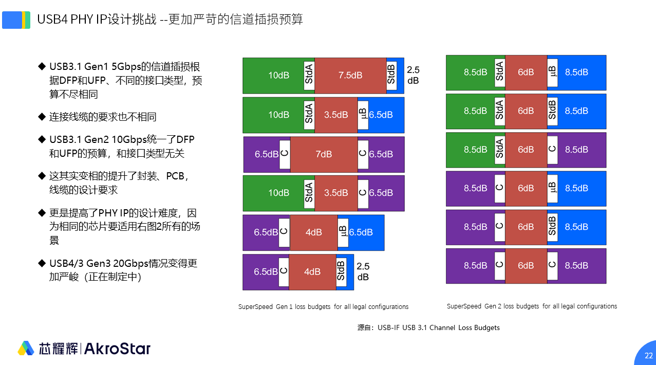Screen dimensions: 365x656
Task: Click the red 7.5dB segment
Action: coord(350,75)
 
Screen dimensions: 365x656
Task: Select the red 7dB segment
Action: coord(324,154)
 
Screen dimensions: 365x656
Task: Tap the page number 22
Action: coord(649,356)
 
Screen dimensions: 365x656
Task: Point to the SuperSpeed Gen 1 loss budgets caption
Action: coord(323,307)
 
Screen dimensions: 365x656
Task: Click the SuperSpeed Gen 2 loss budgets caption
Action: coord(532,306)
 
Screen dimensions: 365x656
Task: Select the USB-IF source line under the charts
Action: coord(428,327)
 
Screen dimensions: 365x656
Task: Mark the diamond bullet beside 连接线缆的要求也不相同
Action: coord(42,117)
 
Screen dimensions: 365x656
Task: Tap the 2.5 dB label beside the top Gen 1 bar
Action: coord(413,75)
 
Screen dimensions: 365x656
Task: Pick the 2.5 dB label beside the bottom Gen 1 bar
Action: coord(363,271)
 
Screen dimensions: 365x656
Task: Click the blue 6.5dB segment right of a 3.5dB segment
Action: coord(381,115)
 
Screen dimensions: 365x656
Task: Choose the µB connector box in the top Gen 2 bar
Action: coord(552,72)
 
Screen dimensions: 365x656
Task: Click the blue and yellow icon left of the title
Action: coord(16,20)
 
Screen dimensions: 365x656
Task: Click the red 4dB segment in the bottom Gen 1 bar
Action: coord(312,272)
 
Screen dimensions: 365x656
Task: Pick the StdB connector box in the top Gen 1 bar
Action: coord(391,75)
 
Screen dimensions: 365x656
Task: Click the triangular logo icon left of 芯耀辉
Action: coord(26,348)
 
